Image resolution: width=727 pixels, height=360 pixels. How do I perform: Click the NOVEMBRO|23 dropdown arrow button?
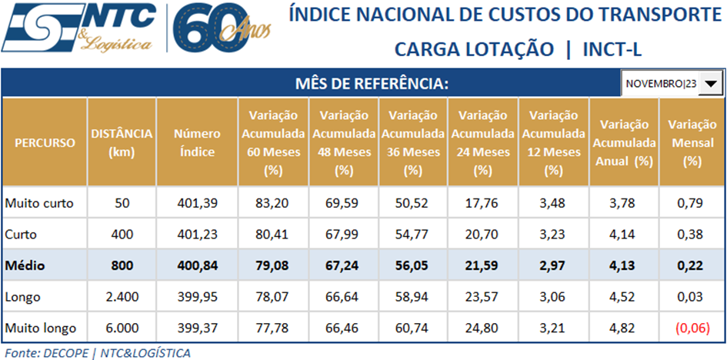click(712, 84)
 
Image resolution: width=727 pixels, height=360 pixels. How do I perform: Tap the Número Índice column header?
click(196, 142)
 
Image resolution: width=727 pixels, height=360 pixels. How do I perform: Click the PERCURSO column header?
click(45, 142)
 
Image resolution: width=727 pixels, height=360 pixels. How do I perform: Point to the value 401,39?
click(196, 204)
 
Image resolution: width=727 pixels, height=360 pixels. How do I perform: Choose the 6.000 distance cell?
click(122, 328)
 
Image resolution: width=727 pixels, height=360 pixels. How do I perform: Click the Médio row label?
click(25, 266)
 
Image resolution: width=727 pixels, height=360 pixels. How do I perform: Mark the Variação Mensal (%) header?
click(692, 142)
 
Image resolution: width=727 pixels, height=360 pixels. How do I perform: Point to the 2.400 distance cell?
click(122, 297)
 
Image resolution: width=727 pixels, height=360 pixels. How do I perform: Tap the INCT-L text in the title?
click(612, 49)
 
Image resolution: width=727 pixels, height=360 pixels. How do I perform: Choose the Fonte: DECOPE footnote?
click(97, 352)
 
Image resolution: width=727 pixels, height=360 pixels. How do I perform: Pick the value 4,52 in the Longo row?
click(622, 297)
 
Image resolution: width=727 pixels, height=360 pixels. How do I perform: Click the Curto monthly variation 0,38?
click(692, 235)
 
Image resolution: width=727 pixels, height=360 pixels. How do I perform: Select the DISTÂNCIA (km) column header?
click(122, 142)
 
